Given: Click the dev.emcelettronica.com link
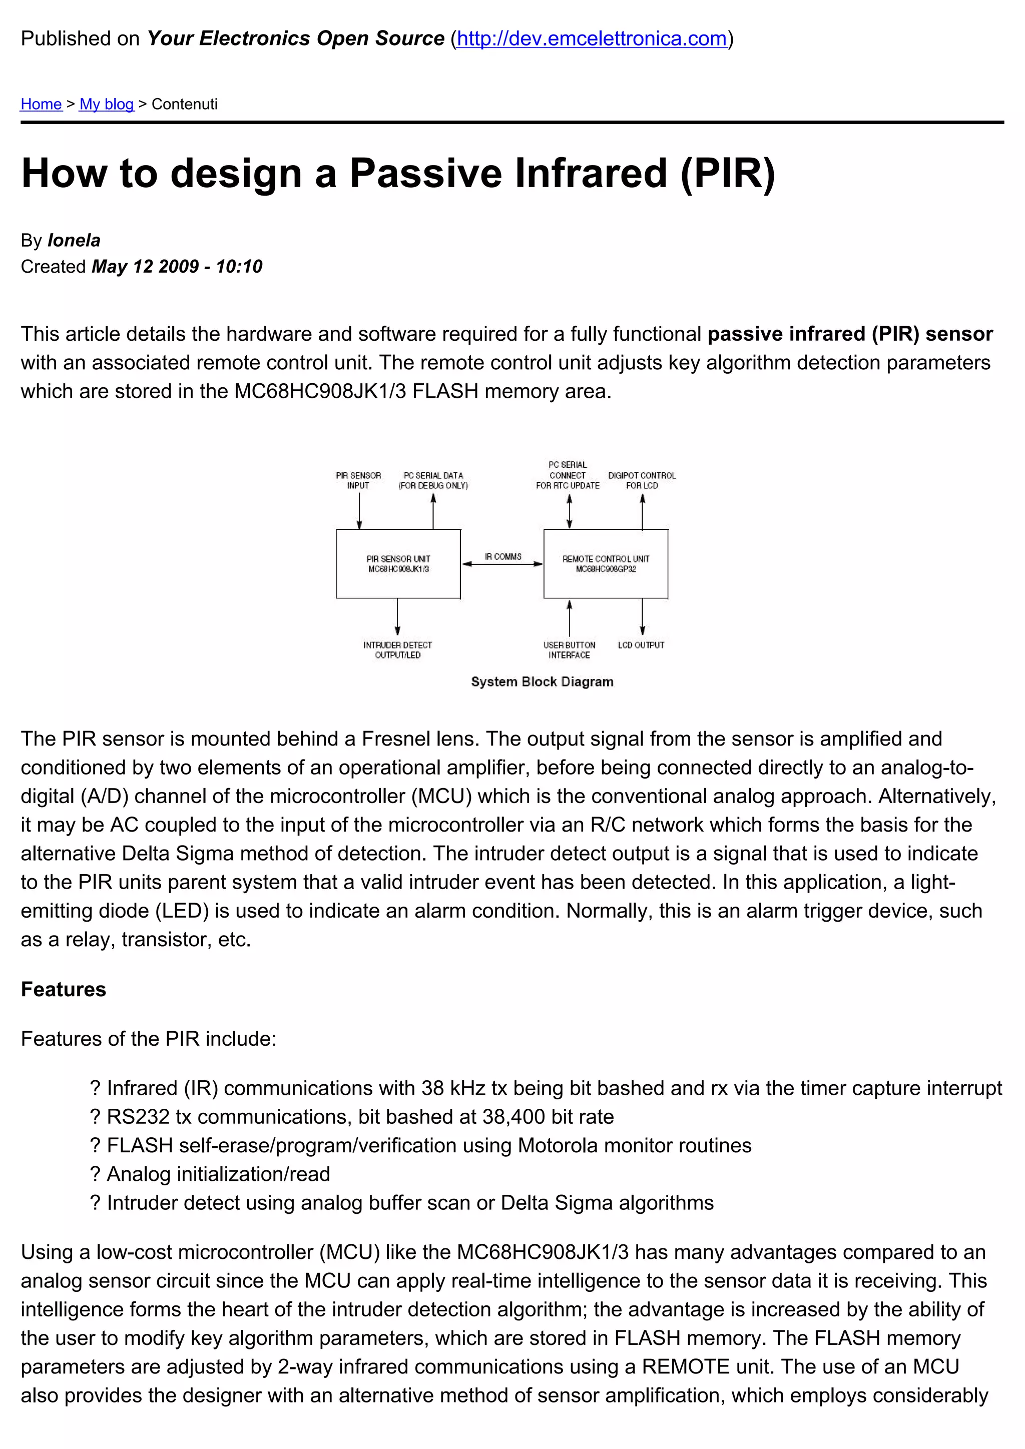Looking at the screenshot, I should pos(592,39).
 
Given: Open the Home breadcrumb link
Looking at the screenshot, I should pos(41,104).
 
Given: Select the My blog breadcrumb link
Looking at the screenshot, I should pos(107,104).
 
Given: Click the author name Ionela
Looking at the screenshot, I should pos(74,241).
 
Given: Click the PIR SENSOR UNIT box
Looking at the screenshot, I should pos(398,563).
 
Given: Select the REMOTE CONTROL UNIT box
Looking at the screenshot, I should pos(605,563).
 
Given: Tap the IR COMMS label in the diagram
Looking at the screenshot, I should pos(503,556).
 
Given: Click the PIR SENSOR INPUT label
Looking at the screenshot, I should pos(358,480).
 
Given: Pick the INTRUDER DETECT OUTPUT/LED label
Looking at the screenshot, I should pos(397,650).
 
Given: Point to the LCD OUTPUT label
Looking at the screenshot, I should pos(641,645).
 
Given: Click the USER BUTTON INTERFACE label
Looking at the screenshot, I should pos(569,650).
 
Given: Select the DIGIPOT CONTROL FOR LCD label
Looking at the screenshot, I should pos(642,480).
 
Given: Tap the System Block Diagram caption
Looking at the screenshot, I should pos(542,681).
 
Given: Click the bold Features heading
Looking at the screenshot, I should pos(64,989).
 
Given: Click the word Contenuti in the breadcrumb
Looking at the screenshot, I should pos(184,104).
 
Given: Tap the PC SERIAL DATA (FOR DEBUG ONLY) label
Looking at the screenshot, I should pos(433,480).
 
